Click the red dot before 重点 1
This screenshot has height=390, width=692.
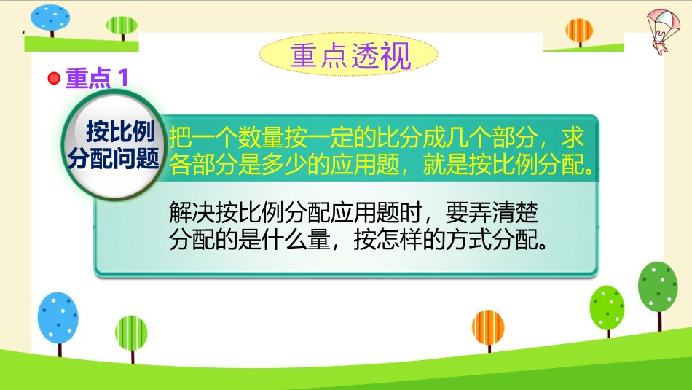pos(54,78)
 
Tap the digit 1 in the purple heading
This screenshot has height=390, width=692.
pos(123,78)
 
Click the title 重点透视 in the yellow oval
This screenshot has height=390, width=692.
pos(350,55)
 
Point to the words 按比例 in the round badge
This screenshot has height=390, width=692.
pos(120,132)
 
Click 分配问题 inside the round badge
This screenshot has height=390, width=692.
pos(114,157)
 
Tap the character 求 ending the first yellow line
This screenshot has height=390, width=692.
pos(573,137)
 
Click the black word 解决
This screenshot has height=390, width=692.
pos(192,213)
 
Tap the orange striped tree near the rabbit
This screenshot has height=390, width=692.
pos(579,32)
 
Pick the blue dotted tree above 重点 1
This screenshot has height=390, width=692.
pos(50,20)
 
